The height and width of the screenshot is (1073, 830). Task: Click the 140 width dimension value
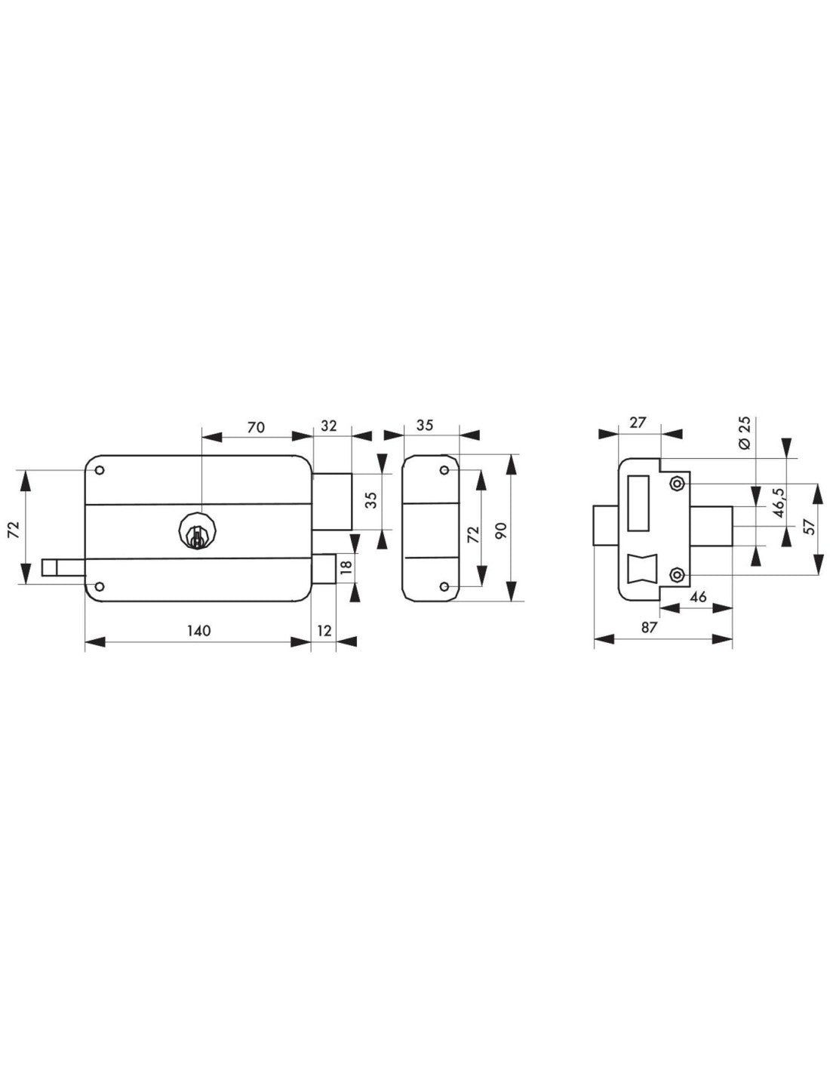point(199,631)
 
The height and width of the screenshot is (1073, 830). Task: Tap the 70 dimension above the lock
point(256,427)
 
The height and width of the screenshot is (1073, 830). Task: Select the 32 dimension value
point(328,426)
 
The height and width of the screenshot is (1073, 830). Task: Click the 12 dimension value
point(324,631)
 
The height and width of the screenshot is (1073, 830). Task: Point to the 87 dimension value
point(650,628)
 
